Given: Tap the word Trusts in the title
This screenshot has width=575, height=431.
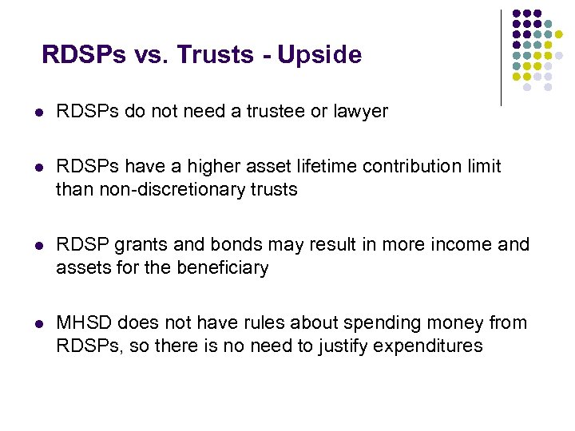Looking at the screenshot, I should [x=211, y=55].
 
